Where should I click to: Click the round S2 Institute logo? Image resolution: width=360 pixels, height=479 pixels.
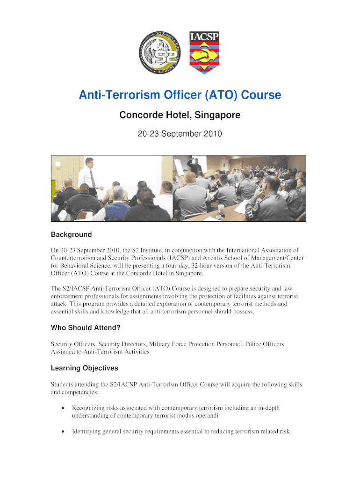(x=160, y=52)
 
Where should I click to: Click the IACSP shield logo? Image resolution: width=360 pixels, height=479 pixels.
(x=204, y=52)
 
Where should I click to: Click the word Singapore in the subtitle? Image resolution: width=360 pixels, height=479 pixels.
(x=217, y=115)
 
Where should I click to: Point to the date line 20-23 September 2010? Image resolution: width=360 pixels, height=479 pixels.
(x=180, y=134)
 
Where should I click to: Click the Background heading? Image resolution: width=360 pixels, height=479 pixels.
(x=71, y=234)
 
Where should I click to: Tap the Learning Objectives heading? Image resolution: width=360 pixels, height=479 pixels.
(x=84, y=368)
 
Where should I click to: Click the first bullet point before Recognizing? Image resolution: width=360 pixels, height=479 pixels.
(x=63, y=408)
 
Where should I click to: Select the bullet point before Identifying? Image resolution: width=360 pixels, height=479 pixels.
(x=63, y=432)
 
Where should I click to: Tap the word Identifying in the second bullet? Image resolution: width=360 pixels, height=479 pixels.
(x=87, y=431)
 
